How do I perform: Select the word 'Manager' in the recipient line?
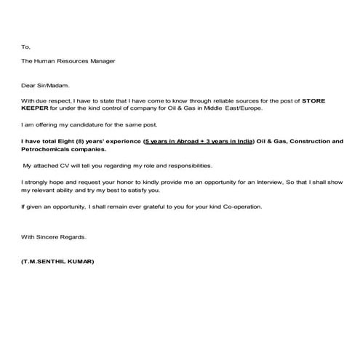(x=100, y=61)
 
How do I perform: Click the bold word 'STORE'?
(x=317, y=100)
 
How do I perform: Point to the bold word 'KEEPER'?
(x=34, y=108)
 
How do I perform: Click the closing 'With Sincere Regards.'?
(x=53, y=237)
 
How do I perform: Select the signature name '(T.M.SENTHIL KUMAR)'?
(x=57, y=260)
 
